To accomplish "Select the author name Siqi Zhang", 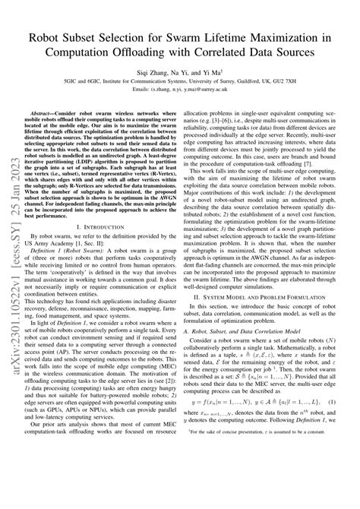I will point(156,70).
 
